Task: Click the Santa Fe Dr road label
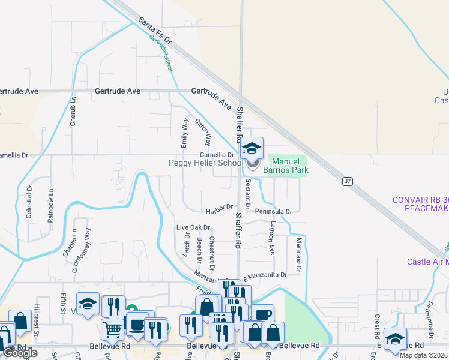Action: (155, 32)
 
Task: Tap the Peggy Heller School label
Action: (206, 163)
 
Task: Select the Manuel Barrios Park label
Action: (289, 166)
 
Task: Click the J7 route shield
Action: (347, 180)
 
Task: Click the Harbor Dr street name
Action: (218, 208)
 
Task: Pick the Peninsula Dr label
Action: (273, 211)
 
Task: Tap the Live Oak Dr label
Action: (193, 227)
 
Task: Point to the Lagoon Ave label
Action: (272, 237)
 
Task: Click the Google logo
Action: (20, 353)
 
